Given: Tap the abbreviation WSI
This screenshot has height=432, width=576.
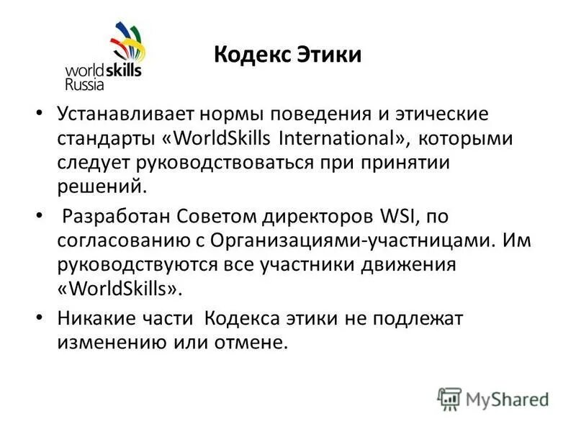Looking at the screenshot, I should [x=394, y=216].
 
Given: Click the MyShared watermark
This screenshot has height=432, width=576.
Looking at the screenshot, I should [x=493, y=398].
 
